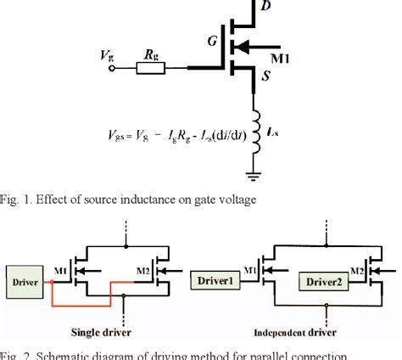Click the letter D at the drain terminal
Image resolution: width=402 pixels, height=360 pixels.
click(266, 8)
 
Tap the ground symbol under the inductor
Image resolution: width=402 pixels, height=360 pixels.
click(253, 176)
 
